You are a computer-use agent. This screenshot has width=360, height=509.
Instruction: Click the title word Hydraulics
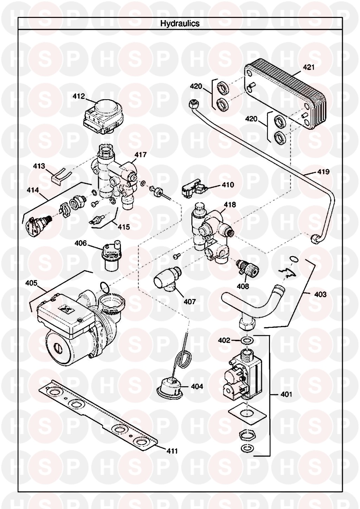coord(180,24)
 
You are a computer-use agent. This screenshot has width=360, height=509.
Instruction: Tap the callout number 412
coord(79,96)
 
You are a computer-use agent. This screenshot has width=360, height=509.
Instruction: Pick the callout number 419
coord(323,172)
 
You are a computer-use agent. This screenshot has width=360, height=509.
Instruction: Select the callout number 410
coord(227,184)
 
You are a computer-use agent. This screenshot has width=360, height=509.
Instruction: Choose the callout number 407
coord(189,301)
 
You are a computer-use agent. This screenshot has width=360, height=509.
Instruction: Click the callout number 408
coord(243,286)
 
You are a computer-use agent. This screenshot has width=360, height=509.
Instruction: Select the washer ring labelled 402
coord(247,341)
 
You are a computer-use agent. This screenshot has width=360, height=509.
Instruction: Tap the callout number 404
coord(197,386)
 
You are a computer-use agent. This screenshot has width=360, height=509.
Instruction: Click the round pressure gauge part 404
coord(169,385)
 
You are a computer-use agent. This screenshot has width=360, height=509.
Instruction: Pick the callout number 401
coord(286,394)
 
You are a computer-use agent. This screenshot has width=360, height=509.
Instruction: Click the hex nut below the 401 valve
coord(246,435)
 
